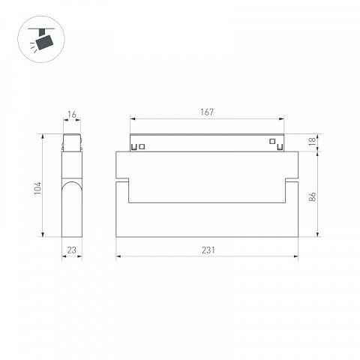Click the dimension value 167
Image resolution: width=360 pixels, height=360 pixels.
(x=207, y=112)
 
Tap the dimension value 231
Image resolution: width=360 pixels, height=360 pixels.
(x=208, y=250)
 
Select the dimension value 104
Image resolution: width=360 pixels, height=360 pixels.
(x=37, y=188)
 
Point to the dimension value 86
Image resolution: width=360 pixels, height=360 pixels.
(x=313, y=196)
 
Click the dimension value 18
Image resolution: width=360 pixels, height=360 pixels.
(x=313, y=142)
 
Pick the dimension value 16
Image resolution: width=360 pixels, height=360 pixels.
(x=72, y=115)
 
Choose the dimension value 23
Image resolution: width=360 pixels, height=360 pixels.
(x=72, y=250)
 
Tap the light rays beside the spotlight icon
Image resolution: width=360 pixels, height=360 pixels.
(x=34, y=47)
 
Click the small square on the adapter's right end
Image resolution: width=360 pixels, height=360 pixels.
(x=272, y=141)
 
